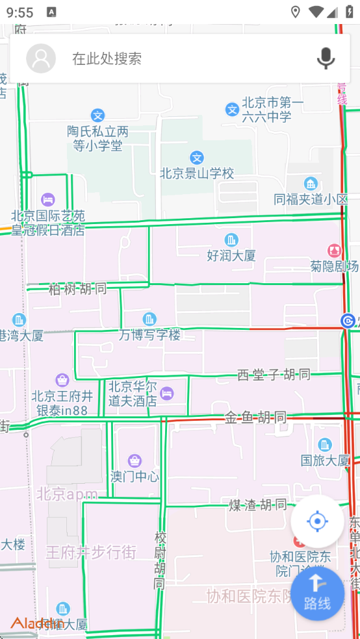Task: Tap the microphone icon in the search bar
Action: pos(326,58)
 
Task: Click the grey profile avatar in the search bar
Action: pos(41,58)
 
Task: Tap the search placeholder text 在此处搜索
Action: pos(107,58)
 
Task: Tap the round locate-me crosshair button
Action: pos(317,521)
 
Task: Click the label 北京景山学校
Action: pos(197,173)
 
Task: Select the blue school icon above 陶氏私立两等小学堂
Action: pos(98,116)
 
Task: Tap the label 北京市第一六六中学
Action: pos(266,110)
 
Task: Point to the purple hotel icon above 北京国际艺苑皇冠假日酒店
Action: pos(47,199)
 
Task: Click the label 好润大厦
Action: pos(231,256)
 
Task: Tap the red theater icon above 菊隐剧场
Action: pos(335,250)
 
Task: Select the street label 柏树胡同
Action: pos(77,289)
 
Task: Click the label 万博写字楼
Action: pos(149,335)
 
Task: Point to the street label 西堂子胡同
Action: pos(273,375)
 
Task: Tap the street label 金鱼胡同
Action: pos(255,417)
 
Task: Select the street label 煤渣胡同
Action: pos(257,505)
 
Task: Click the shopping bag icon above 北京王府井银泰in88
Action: pos(62,380)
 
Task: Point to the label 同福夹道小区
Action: pos(311,199)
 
